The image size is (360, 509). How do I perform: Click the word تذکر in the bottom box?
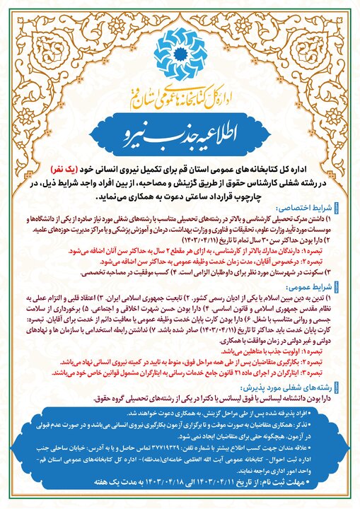(327, 422)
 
